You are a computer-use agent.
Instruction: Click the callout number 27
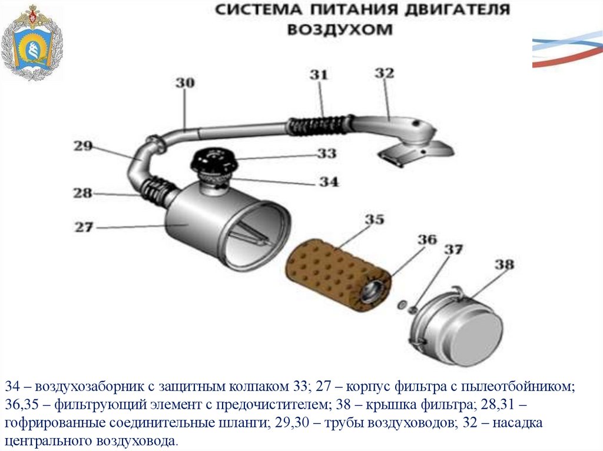tap(84, 226)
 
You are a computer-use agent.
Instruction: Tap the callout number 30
tap(184, 83)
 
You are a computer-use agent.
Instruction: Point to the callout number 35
tap(374, 220)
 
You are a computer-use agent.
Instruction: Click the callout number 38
tap(503, 265)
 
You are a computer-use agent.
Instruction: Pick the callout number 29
tap(83, 146)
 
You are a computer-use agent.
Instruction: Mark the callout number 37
tap(453, 249)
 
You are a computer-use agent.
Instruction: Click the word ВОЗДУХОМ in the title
tap(339, 29)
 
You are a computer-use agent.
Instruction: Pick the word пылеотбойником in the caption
tap(518, 387)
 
